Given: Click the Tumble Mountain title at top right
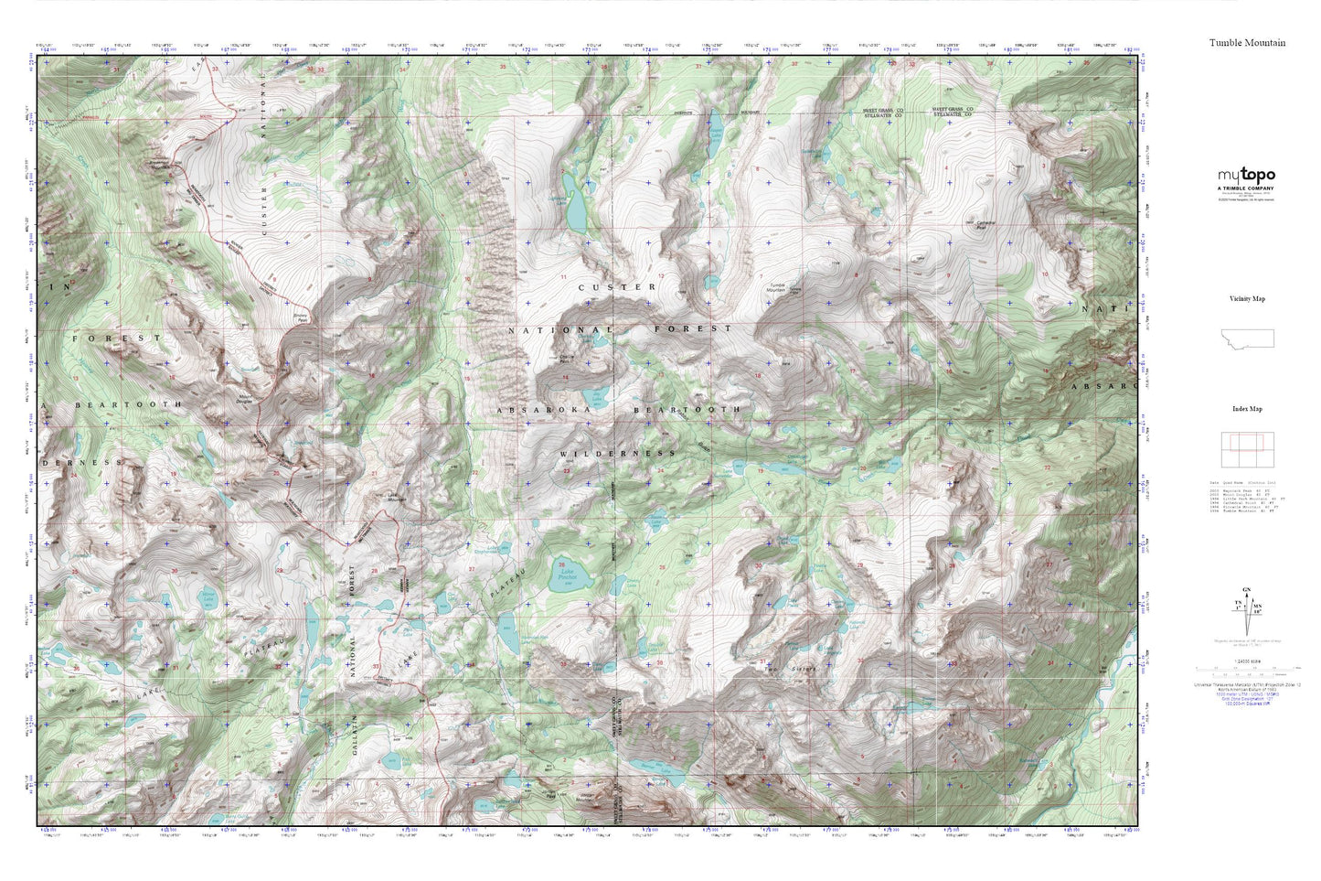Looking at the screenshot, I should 1247,43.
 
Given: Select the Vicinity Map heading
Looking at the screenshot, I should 1247,299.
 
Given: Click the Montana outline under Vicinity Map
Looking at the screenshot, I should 1248,338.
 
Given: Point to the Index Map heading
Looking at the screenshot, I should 1247,409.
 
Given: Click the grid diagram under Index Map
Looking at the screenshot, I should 1247,448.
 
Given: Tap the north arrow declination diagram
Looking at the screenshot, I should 1245,607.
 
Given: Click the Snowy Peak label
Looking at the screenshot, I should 300,317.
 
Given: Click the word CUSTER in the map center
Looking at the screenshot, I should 617,287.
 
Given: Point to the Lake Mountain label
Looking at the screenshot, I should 395,499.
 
